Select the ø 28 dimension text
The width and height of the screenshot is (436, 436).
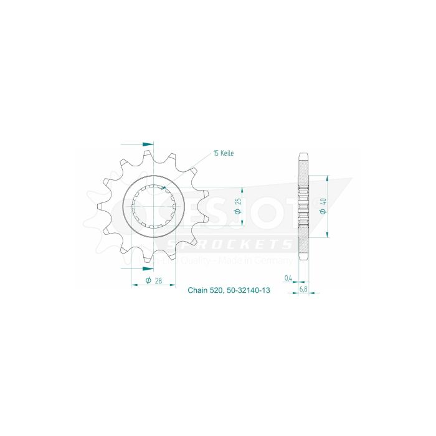[154, 281]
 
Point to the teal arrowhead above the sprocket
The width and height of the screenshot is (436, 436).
[148, 143]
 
